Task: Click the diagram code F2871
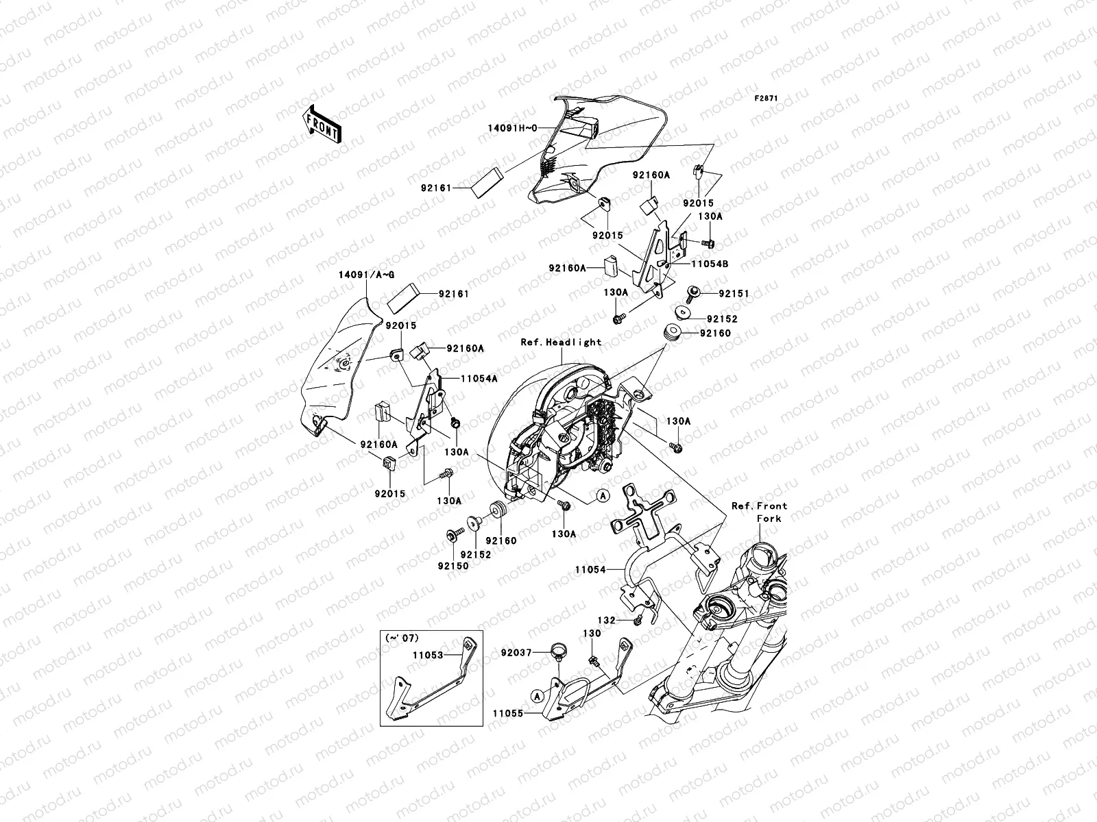[x=767, y=99]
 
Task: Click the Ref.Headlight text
[x=561, y=342]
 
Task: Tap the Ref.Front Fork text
[x=759, y=512]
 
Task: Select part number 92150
[x=453, y=566]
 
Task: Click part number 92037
[x=516, y=654]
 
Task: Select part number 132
[x=606, y=619]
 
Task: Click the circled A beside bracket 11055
[x=538, y=695]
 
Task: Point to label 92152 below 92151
[x=722, y=319]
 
